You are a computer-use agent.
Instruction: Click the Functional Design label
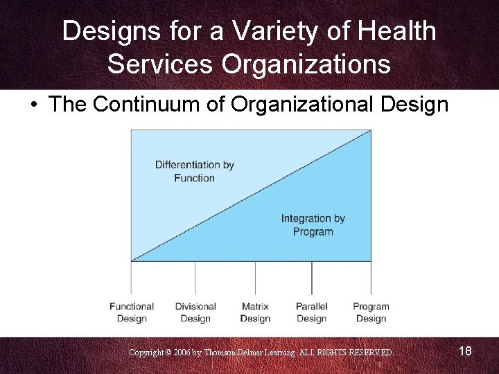pyautogui.click(x=132, y=312)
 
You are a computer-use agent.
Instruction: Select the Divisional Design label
pyautogui.click(x=195, y=312)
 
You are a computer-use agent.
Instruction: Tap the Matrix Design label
pyautogui.click(x=255, y=312)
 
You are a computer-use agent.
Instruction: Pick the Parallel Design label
pyautogui.click(x=312, y=312)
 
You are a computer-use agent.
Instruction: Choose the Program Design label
pyautogui.click(x=371, y=312)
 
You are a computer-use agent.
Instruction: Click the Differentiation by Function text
pyautogui.click(x=195, y=171)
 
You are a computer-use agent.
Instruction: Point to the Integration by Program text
pyautogui.click(x=313, y=225)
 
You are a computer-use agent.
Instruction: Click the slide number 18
pyautogui.click(x=465, y=351)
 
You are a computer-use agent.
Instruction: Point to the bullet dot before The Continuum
pyautogui.click(x=33, y=105)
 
